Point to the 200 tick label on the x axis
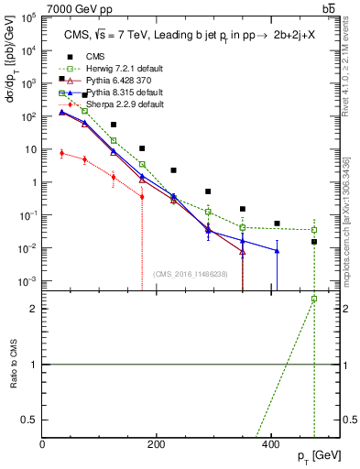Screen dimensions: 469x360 coord(157,444)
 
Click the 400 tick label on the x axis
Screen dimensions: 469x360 coord(270,444)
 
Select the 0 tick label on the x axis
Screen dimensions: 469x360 coord(43,444)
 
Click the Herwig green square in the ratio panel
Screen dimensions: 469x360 coord(314,299)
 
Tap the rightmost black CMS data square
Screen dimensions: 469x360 coord(314,242)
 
